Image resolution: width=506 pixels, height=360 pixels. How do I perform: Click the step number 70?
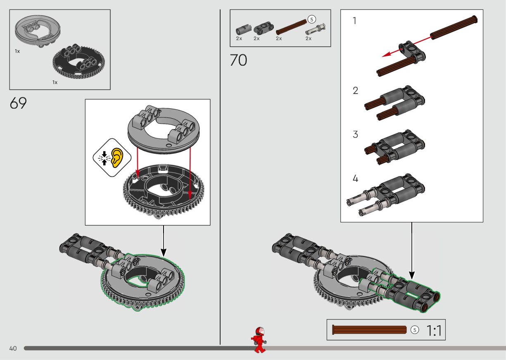pos(238,61)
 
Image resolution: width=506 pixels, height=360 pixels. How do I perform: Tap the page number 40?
pos(13,348)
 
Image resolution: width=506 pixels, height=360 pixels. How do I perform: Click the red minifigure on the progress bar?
pos(259,339)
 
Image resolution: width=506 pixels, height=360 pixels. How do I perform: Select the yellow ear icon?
pos(118,157)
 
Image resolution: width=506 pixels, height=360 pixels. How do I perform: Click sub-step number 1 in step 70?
pos(354,21)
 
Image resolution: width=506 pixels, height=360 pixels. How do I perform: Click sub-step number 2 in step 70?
pos(355,91)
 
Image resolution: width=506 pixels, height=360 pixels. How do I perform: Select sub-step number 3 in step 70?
pos(355,135)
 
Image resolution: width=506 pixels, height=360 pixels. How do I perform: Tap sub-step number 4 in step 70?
pos(355,179)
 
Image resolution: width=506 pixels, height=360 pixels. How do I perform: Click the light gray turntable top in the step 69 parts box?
pos(37,31)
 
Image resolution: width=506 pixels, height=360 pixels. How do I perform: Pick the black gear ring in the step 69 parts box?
pos(78,62)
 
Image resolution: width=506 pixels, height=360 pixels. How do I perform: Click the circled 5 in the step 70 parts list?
pos(311,19)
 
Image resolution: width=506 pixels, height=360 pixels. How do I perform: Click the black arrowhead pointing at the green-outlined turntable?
pos(163,252)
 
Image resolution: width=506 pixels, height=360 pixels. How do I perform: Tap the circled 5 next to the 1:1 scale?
pos(415,330)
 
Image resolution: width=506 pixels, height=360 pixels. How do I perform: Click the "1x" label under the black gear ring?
pos(55,82)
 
